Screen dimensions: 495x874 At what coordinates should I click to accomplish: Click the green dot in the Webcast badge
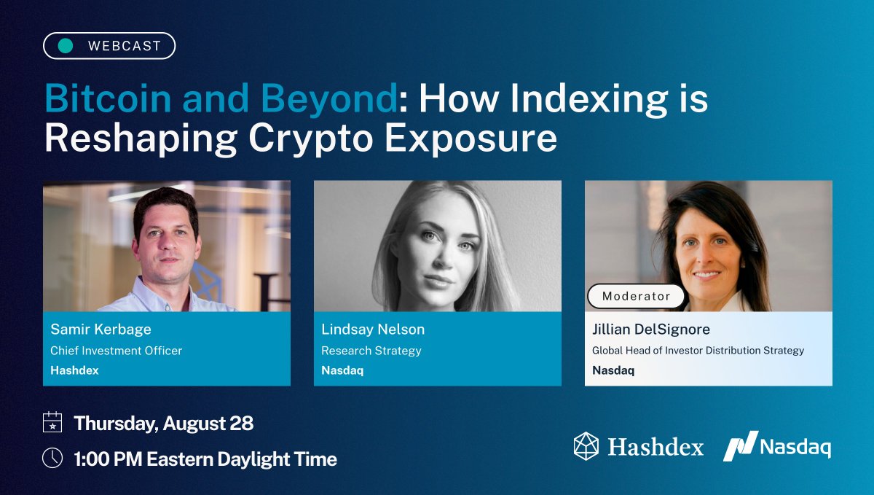(66, 46)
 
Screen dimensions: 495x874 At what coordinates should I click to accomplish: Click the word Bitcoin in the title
(110, 99)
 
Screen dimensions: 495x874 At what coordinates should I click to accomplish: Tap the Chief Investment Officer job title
(116, 351)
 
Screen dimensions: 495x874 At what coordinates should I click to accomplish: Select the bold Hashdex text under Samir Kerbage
(74, 370)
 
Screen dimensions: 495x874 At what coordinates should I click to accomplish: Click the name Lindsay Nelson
(373, 330)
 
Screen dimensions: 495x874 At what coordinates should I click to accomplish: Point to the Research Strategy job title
(371, 351)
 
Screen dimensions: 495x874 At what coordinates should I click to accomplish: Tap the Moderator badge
(637, 296)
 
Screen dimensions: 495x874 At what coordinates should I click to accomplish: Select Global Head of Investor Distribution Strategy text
(698, 351)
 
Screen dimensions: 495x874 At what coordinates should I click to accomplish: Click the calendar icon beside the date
(52, 423)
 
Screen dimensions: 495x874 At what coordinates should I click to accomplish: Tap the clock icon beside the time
(52, 458)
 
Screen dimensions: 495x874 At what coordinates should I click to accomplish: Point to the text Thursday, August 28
(164, 423)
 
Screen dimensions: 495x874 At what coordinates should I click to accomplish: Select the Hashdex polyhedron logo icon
(586, 445)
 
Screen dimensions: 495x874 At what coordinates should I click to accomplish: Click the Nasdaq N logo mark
(740, 445)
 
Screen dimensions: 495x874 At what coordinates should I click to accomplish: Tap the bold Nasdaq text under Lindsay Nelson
(342, 370)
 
